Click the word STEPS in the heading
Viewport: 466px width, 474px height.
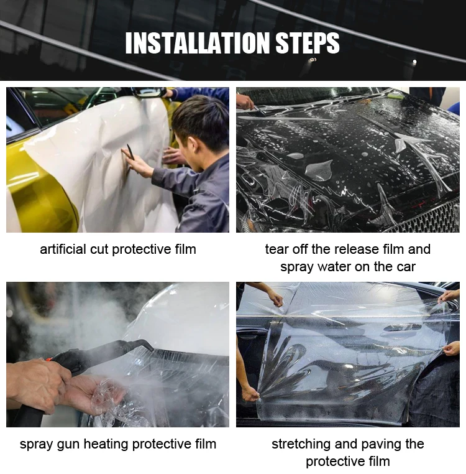(308, 43)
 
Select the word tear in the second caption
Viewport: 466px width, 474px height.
(275, 249)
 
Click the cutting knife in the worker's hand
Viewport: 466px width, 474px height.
(130, 152)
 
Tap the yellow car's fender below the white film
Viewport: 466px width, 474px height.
(39, 193)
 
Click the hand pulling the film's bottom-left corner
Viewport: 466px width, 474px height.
(250, 393)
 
